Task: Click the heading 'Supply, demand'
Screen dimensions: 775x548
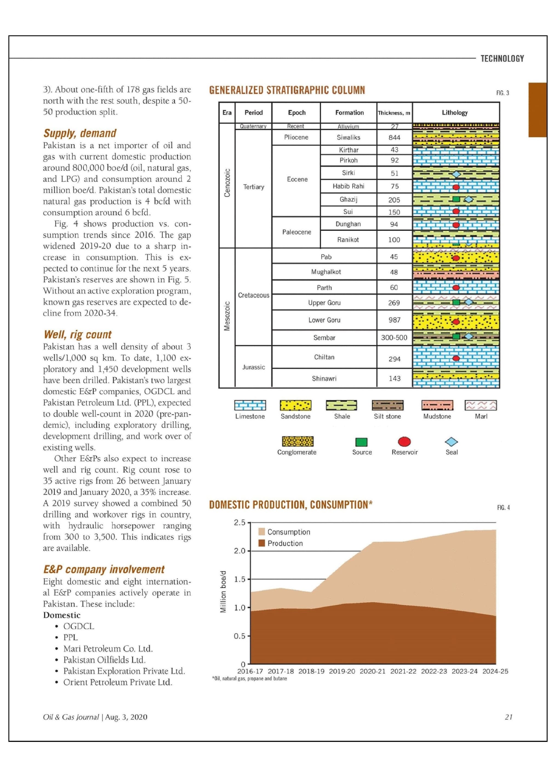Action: tap(80, 133)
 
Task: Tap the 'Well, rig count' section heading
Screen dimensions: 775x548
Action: tap(77, 334)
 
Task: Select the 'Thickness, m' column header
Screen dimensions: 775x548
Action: tap(394, 113)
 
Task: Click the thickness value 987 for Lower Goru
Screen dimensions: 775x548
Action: tap(394, 320)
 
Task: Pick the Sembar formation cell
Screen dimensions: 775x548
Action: tap(324, 338)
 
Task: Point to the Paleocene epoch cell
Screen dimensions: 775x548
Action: tap(296, 232)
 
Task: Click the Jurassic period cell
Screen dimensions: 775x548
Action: tap(253, 367)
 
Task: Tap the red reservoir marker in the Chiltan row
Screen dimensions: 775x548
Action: tap(456, 358)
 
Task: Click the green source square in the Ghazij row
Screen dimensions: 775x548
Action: tap(456, 199)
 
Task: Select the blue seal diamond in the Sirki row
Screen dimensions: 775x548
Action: tap(456, 174)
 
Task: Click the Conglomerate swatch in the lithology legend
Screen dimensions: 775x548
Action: tap(298, 441)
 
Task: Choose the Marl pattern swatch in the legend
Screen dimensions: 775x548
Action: tap(481, 405)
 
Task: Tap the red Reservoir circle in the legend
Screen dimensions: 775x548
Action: tap(404, 441)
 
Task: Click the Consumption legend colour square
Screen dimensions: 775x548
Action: tap(261, 532)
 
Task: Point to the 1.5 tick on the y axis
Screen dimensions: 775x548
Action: tap(239, 579)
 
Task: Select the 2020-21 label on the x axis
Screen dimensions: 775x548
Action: tap(372, 671)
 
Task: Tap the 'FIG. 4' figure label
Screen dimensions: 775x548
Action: tap(503, 508)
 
